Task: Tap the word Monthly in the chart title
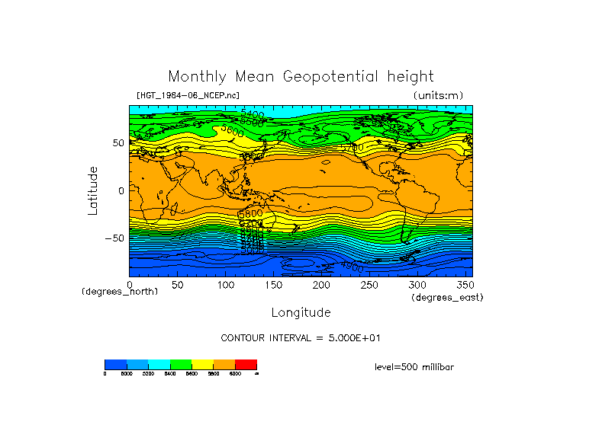coord(196,77)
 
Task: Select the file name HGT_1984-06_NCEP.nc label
coord(188,95)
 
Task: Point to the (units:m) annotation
coord(437,95)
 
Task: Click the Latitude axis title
coord(93,190)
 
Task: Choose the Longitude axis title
coord(301,312)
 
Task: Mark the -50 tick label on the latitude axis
coord(114,238)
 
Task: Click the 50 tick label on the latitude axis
coord(118,142)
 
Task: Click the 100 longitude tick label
coord(225,284)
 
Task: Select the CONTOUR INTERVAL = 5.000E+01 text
coord(305,338)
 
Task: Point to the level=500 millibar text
coord(414,366)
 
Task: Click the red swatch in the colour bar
coord(246,364)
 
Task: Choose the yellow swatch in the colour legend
coord(202,364)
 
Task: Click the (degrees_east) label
coord(447,297)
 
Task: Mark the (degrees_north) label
coord(120,292)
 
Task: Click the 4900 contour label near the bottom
coord(352,267)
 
